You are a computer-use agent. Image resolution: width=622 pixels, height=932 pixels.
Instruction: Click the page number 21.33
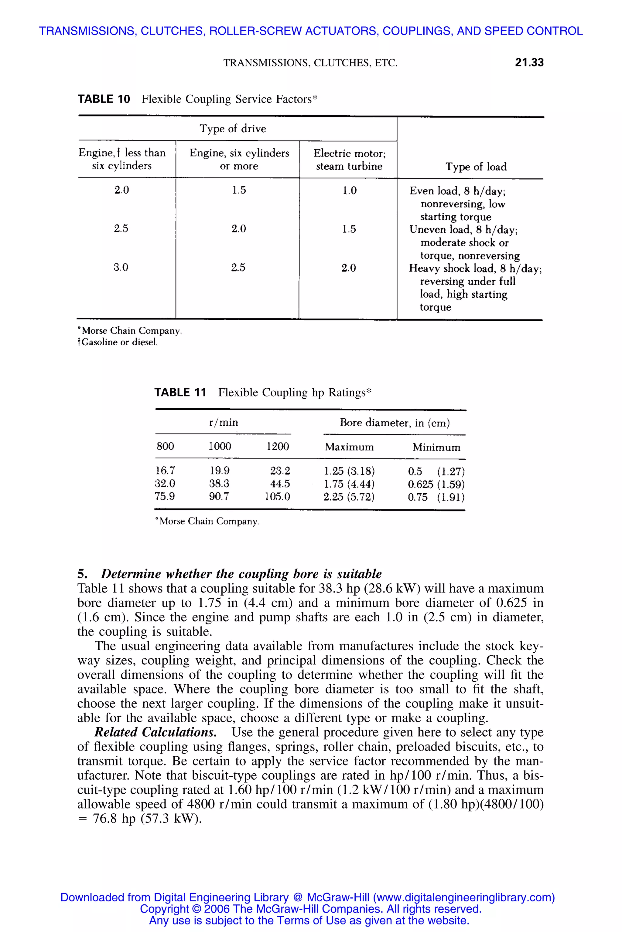(529, 62)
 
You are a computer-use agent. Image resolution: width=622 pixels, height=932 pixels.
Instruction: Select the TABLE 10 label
(104, 99)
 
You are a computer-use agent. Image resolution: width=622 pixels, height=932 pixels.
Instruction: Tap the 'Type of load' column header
(476, 167)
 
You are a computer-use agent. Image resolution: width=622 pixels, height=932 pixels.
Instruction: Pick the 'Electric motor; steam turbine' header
(349, 159)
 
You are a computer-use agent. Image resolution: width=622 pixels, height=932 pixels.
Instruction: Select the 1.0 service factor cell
(350, 191)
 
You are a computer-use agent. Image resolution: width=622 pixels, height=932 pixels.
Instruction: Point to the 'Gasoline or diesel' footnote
(118, 342)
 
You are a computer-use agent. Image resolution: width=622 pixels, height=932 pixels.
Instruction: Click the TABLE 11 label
(180, 392)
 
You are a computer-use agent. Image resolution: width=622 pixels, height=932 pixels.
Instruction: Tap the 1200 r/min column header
(277, 447)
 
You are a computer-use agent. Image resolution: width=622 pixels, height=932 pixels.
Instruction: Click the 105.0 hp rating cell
(277, 497)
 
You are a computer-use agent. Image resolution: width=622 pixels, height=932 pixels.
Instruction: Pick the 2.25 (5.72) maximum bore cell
(349, 497)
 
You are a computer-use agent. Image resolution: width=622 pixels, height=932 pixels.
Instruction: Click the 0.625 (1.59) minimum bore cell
(436, 484)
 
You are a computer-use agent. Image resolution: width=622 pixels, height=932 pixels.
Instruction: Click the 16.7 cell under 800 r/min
(165, 471)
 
